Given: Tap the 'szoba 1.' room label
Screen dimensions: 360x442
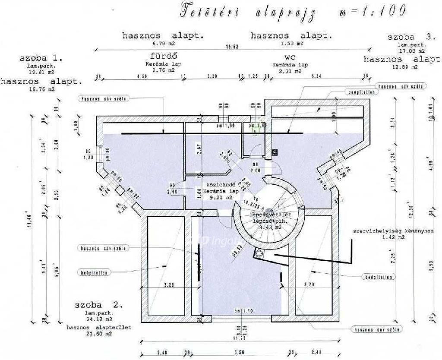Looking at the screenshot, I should coord(41,58).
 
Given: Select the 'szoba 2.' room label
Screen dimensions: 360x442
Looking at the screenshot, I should coord(99,305).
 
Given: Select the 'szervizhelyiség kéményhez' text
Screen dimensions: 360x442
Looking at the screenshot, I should coord(393,231).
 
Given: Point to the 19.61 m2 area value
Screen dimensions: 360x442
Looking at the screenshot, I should coord(42,72).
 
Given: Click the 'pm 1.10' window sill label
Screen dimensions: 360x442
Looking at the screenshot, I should coord(243,311).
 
